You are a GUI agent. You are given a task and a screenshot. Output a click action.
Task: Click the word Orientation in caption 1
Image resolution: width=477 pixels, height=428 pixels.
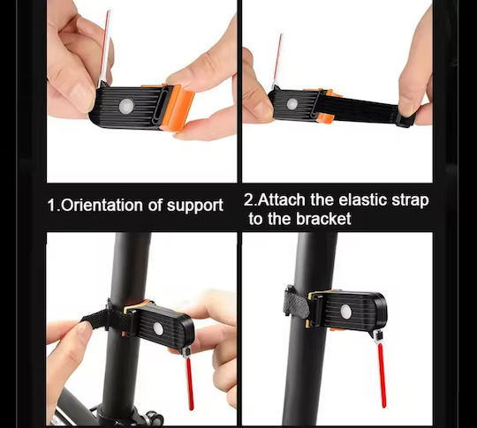pos(102,205)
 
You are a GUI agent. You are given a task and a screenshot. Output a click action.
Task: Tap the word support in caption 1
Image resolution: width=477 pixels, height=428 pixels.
pos(195,206)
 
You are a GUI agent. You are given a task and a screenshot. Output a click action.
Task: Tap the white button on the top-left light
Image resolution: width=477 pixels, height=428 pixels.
pos(126,106)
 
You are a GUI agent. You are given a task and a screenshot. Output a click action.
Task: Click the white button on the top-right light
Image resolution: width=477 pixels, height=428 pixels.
pos(292,103)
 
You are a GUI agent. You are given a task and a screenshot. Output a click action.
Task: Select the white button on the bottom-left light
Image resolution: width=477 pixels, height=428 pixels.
pos(158,328)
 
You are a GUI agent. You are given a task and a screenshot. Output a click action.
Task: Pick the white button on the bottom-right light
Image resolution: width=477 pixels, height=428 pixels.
pos(346,312)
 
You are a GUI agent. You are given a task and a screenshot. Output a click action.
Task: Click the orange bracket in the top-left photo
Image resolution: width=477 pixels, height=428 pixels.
pos(178,107)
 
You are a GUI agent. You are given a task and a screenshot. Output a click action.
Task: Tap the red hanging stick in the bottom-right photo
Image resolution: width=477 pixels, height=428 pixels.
pos(382,375)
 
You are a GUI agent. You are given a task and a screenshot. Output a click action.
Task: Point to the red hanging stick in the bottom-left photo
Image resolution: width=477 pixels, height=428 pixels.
pos(189,384)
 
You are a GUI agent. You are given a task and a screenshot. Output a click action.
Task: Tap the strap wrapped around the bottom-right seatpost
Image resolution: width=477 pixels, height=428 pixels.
pos(295,303)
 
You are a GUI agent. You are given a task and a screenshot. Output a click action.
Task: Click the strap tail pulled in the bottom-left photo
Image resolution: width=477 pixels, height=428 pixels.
pos(95,319)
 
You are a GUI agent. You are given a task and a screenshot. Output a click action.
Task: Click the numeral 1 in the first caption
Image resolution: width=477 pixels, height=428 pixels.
pos(52,206)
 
